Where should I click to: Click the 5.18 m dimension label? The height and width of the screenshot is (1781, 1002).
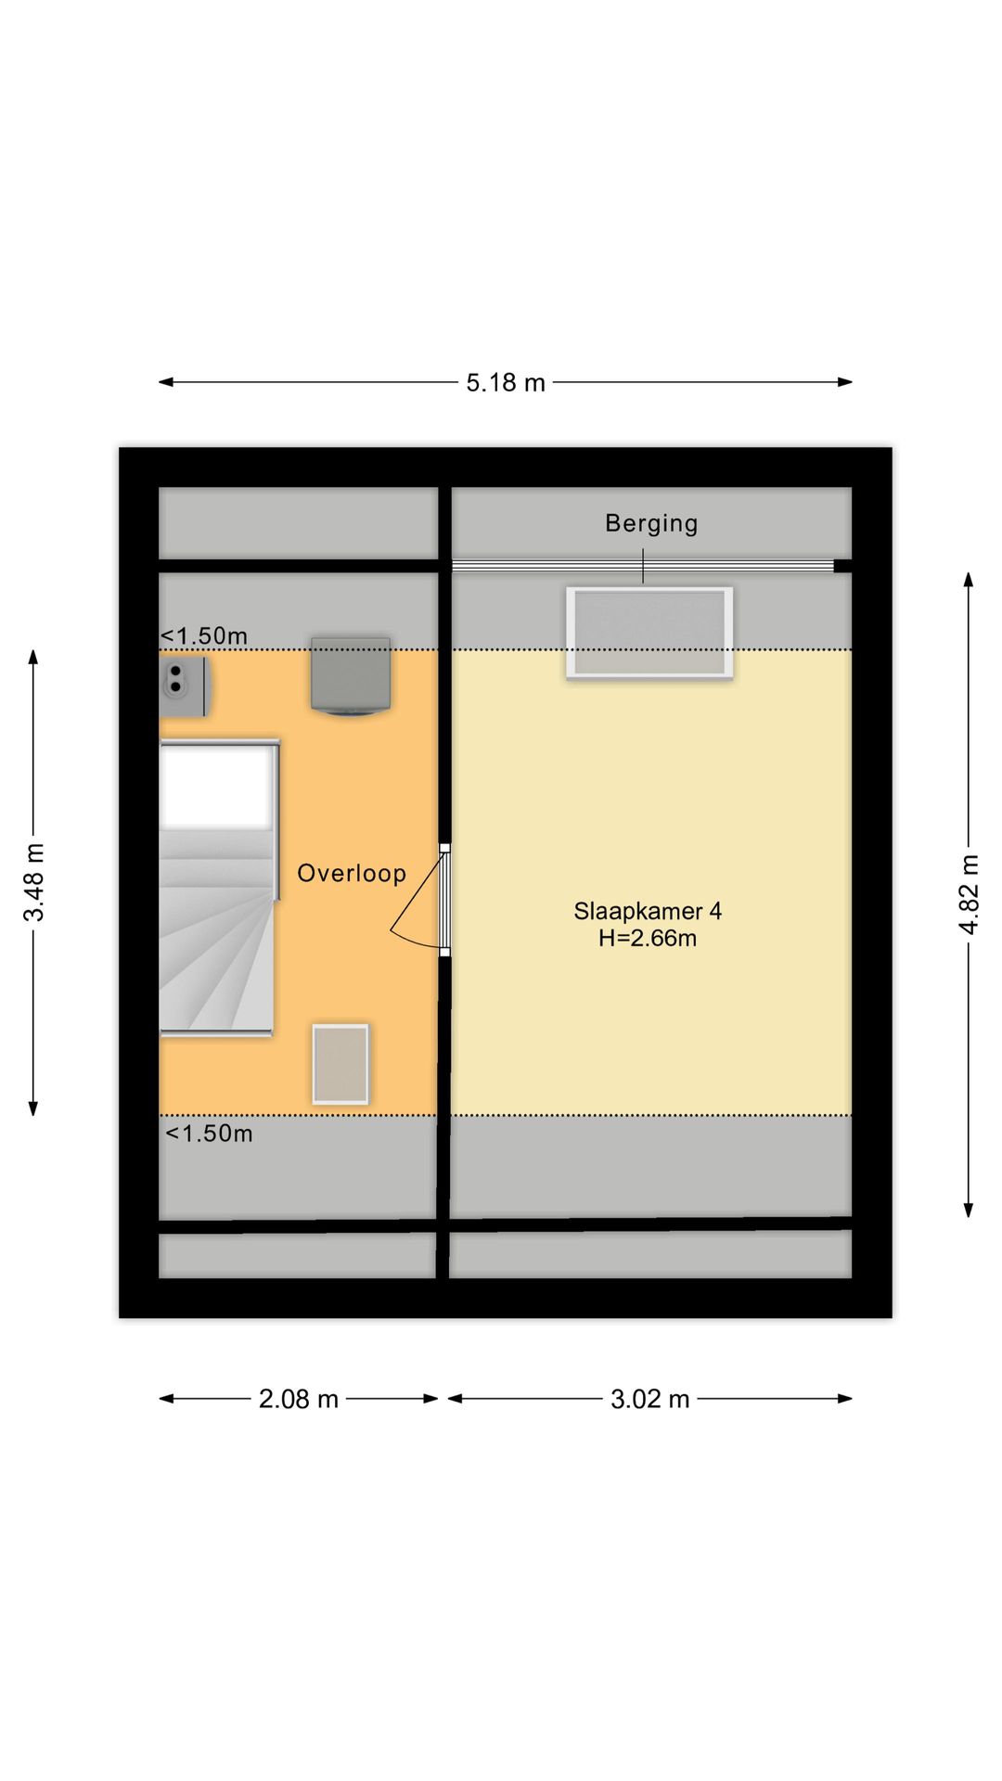505,382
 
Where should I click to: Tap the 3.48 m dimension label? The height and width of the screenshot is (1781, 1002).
33,881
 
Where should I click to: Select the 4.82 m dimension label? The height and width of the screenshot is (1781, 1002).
969,894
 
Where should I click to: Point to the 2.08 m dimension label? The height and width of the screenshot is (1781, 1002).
298,1399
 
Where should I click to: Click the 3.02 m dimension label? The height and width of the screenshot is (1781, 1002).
649,1399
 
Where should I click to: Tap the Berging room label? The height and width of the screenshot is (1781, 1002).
651,523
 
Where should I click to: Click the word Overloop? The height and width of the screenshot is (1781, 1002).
352,873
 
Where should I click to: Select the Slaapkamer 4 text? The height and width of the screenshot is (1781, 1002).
648,911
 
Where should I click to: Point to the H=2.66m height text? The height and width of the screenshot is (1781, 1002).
648,938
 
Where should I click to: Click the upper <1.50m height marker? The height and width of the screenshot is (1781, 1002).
204,635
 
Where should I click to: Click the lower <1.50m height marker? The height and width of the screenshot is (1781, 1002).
209,1134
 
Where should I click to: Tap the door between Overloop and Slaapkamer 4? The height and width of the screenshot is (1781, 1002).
444,900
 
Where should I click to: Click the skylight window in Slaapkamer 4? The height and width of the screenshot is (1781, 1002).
649,633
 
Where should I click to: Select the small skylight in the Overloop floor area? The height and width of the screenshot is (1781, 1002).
340,1064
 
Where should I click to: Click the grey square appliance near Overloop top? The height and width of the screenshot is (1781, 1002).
350,676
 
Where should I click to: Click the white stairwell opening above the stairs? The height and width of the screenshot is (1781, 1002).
217,787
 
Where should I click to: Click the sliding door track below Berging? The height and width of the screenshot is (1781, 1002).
642,566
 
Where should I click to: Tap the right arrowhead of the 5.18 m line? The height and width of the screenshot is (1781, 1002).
845,381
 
